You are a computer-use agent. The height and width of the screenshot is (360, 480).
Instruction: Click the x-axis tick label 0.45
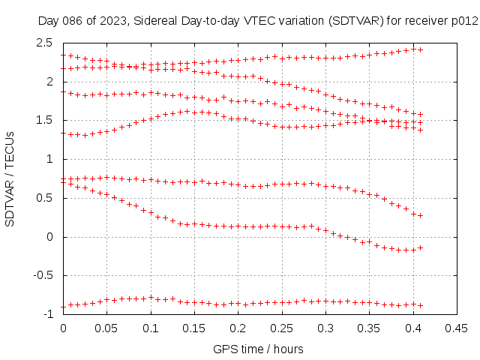457,328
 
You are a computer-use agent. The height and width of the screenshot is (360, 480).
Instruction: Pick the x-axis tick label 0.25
282,328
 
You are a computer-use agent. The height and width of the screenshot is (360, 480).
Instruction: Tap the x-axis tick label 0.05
106,328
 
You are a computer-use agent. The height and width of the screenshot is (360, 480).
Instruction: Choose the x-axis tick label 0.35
369,328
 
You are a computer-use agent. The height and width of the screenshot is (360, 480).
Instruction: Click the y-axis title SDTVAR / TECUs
11,178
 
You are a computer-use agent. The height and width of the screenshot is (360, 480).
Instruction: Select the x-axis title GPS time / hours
259,349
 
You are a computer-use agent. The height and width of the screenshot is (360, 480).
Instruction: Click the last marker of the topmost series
421,49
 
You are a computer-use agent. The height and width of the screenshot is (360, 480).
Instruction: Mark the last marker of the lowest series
421,305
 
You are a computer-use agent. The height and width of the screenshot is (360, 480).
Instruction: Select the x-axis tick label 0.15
194,328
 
